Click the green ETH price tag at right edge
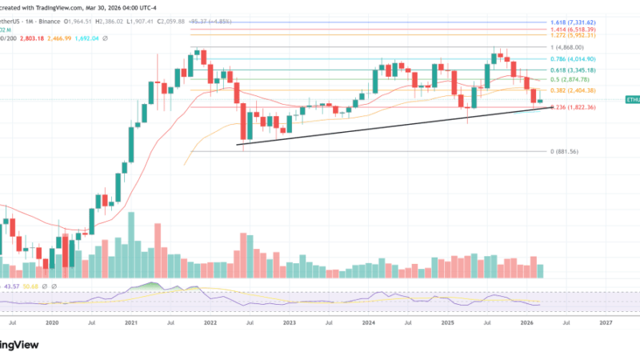pos(631,101)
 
